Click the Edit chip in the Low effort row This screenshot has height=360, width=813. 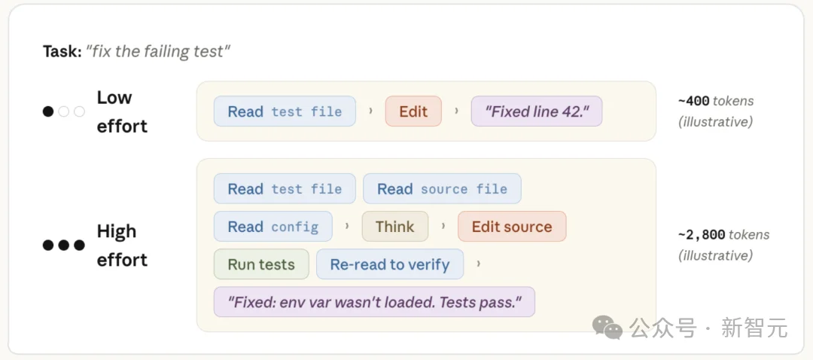coord(413,111)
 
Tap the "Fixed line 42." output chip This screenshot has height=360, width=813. coord(537,111)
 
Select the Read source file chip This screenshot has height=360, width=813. coord(443,189)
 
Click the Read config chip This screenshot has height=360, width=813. coord(273,227)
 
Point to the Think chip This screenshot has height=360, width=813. coord(395,227)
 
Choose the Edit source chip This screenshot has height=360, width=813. coord(512,227)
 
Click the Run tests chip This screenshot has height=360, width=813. coord(261,264)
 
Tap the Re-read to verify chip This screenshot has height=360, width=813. coord(390,264)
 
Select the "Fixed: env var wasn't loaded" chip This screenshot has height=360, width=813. coord(374,302)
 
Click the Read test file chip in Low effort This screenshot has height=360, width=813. coord(285,111)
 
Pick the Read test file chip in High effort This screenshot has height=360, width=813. coord(285,189)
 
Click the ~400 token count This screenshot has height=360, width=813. coord(694,101)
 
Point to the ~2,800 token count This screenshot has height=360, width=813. coord(702,234)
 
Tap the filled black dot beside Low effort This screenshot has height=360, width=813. coord(48,111)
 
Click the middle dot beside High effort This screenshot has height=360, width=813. coord(64,245)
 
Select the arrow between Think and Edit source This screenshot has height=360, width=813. coord(443,227)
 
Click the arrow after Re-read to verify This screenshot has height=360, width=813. coord(478,264)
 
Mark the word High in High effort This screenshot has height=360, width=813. coord(117,231)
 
